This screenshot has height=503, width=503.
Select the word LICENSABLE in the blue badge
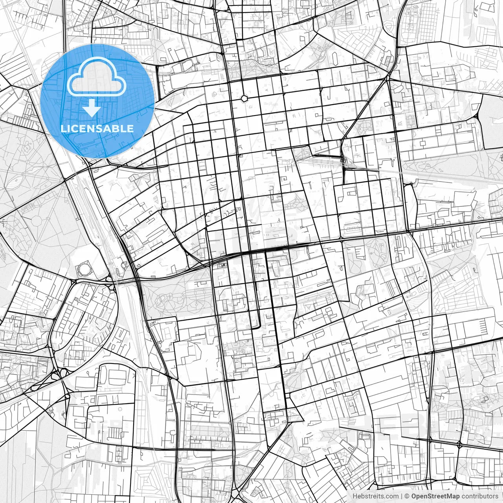tap(97, 129)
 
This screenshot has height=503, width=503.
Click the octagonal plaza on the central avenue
tap(244, 97)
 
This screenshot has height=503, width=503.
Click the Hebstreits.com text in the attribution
tap(375, 496)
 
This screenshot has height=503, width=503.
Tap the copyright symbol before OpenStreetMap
tap(408, 496)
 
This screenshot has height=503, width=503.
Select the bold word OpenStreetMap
tap(435, 496)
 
